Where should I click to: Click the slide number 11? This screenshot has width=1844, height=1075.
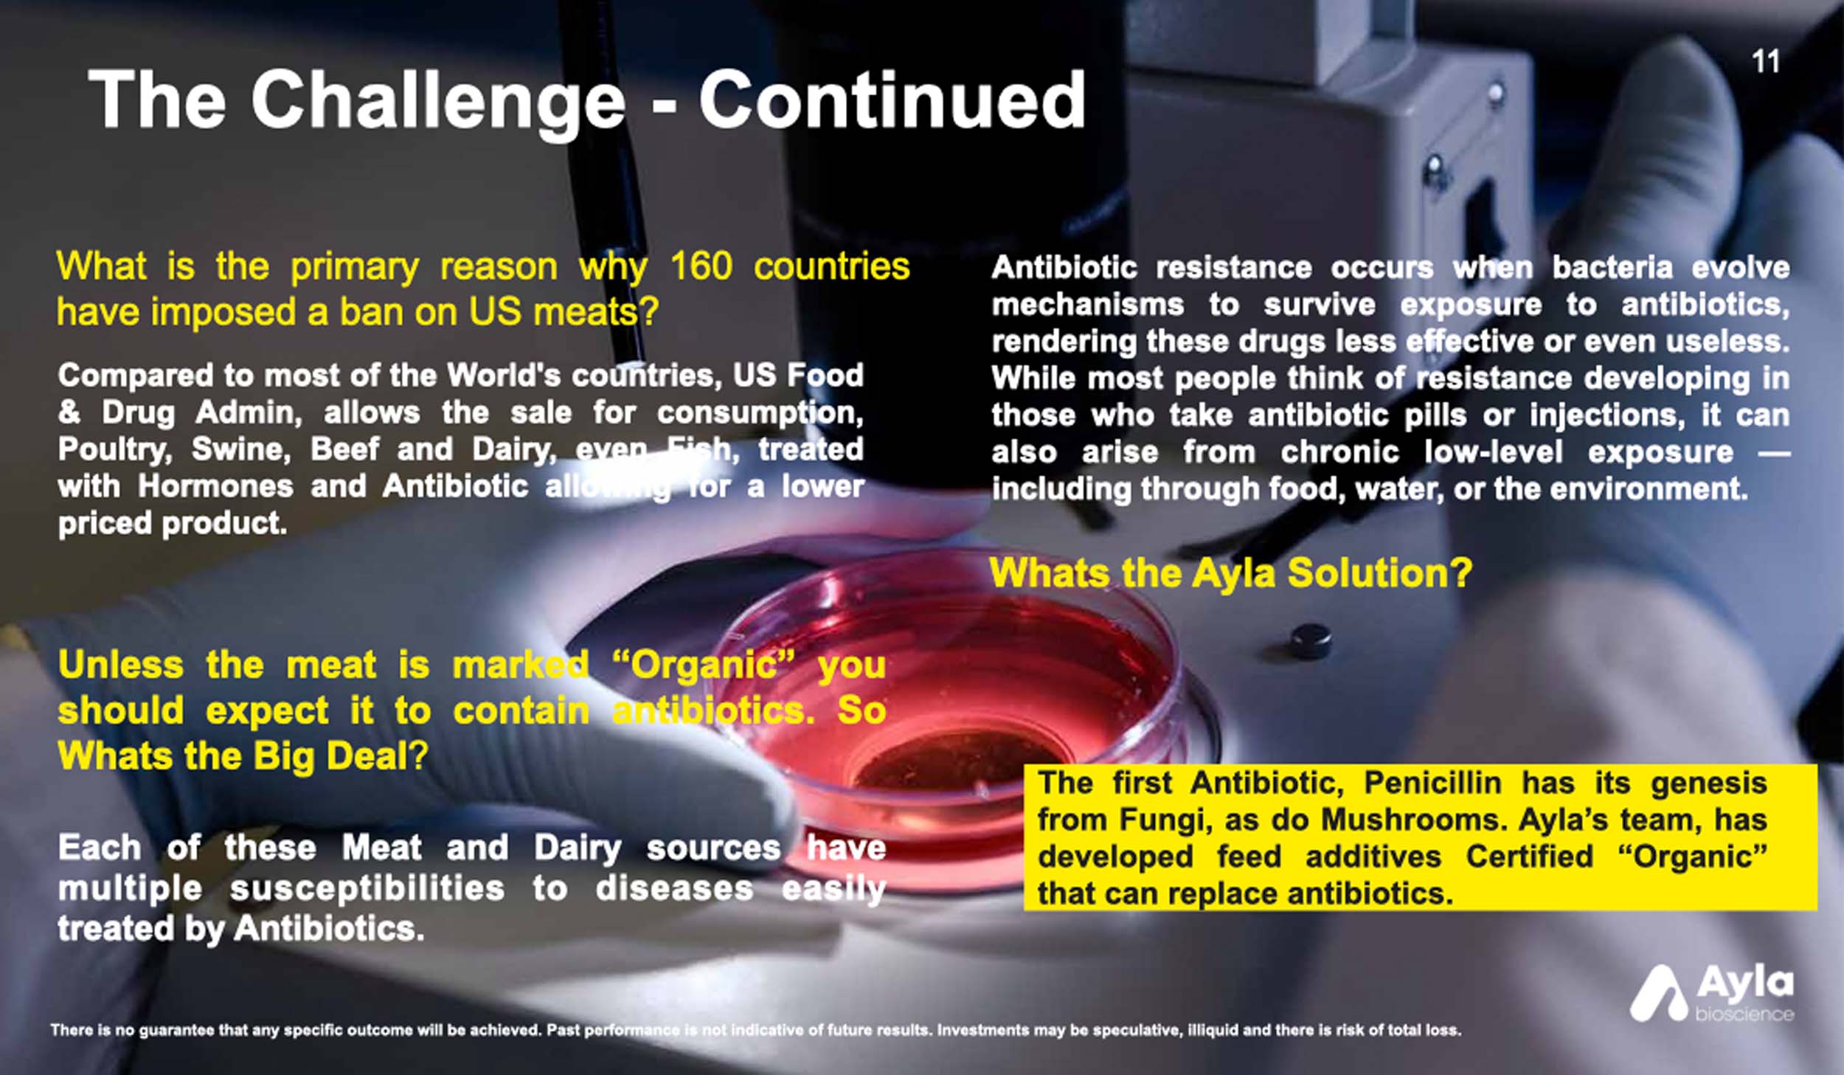pyautogui.click(x=1766, y=62)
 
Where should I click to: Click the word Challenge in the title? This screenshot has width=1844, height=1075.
pyautogui.click(x=438, y=101)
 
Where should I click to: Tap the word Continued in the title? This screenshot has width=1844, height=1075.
pyautogui.click(x=892, y=100)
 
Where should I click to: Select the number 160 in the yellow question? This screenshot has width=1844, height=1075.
pyautogui.click(x=701, y=266)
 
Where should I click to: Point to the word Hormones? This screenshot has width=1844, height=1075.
pyautogui.click(x=215, y=486)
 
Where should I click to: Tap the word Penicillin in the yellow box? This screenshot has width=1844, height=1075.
pyautogui.click(x=1432, y=783)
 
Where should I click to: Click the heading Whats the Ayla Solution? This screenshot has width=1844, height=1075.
pyautogui.click(x=1230, y=573)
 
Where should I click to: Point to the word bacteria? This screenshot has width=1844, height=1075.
pyautogui.click(x=1612, y=268)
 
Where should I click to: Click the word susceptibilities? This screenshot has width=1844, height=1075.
pyautogui.click(x=367, y=889)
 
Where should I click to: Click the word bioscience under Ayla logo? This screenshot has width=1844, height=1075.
pyautogui.click(x=1744, y=1014)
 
